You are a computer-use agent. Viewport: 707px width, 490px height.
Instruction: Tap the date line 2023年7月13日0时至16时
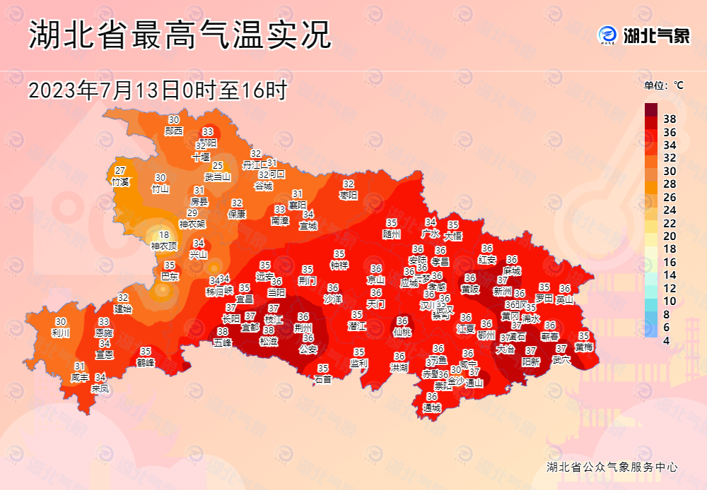pos(157,90)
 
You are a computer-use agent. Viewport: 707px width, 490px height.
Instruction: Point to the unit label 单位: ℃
pos(664,85)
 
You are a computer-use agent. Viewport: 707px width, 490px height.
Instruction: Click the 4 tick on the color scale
pos(667,341)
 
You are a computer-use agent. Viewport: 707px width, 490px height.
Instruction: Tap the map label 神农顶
pos(164,246)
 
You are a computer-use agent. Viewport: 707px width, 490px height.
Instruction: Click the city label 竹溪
pos(120,181)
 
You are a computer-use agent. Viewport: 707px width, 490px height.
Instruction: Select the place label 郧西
pos(174,131)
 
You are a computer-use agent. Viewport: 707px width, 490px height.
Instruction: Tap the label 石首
pos(323,378)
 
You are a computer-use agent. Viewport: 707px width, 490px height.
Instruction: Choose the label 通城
pos(431,407)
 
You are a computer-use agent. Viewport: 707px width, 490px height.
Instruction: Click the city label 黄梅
pos(584,347)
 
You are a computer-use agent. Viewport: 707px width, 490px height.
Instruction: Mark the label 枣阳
pos(349,194)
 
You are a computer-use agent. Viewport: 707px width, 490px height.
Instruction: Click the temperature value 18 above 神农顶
pos(164,235)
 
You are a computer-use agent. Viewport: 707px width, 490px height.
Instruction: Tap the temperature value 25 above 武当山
pos(218,166)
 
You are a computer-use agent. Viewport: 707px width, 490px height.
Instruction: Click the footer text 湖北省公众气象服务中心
pos(612,467)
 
